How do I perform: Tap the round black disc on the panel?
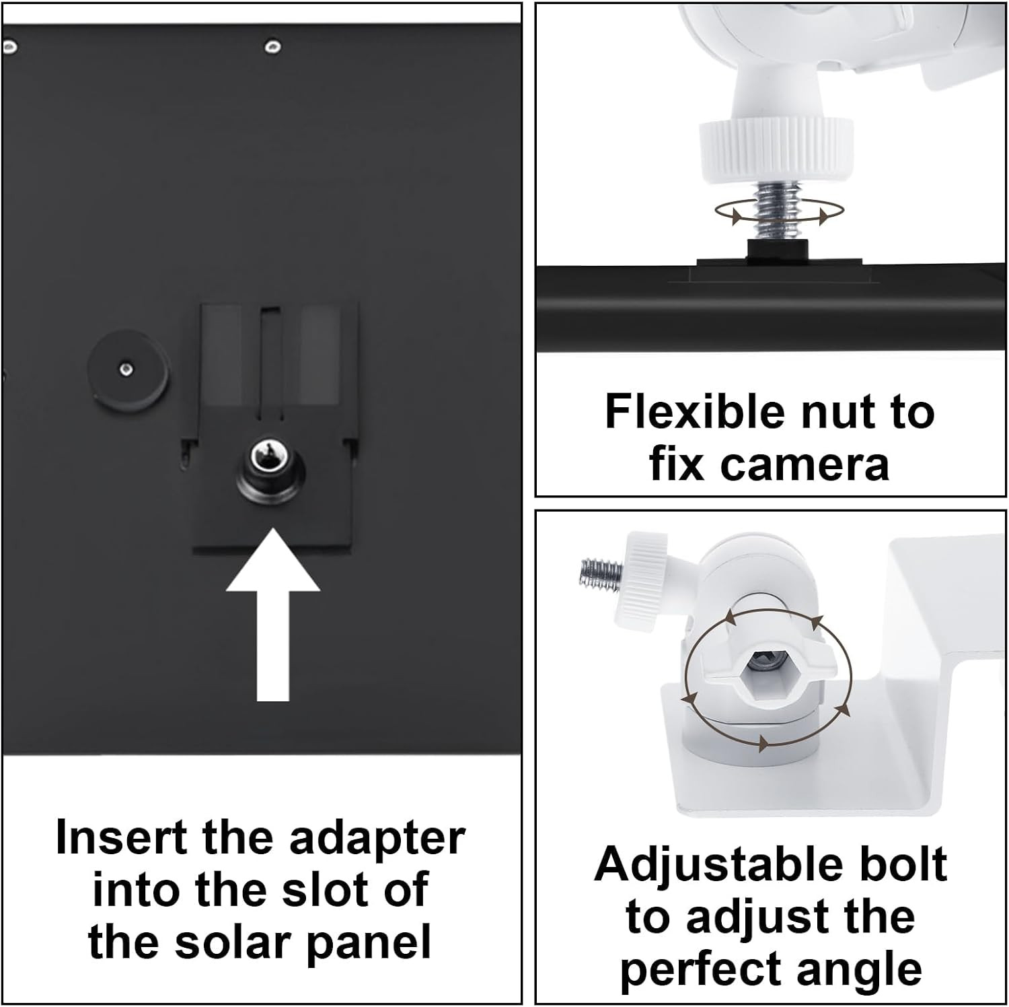pyautogui.click(x=128, y=369)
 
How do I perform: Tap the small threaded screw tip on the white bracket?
pyautogui.click(x=600, y=574)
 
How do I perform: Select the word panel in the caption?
pyautogui.click(x=369, y=944)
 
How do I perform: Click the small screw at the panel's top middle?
pyautogui.click(x=272, y=46)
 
